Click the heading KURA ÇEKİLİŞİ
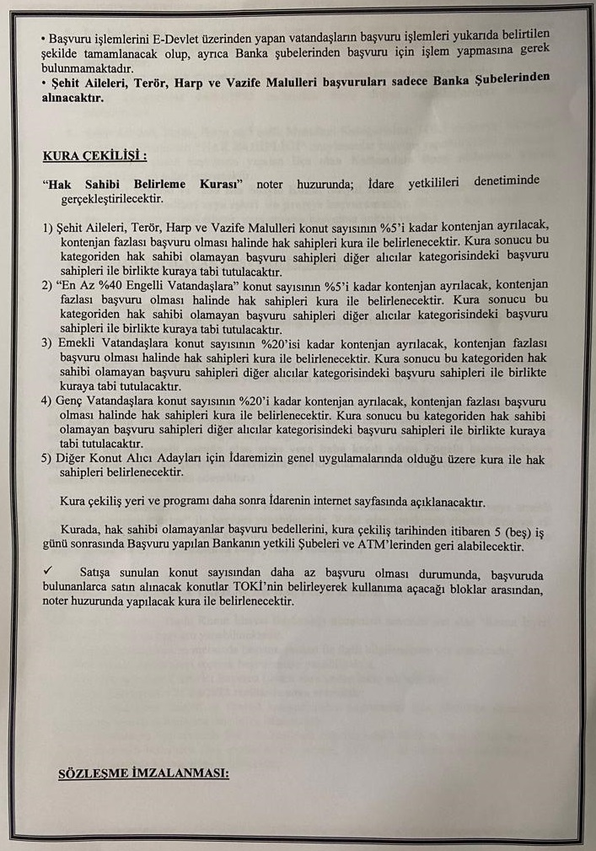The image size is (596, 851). click(x=94, y=156)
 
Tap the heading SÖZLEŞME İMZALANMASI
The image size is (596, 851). click(x=142, y=773)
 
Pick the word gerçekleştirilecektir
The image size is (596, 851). click(x=110, y=199)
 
